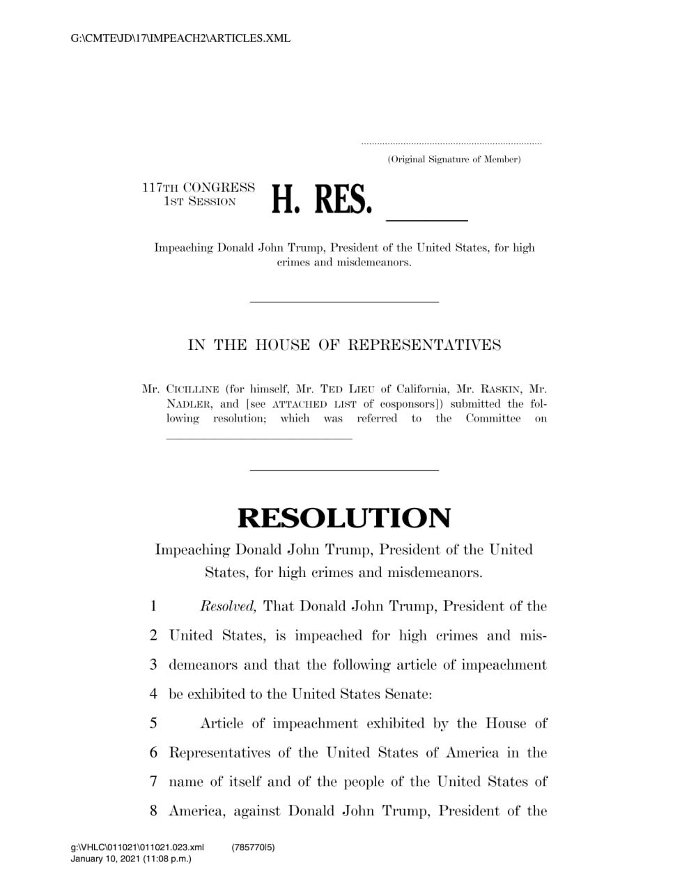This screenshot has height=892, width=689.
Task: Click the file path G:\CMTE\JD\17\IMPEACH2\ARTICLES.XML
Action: point(180,38)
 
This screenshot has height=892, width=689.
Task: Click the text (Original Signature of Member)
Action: point(454,160)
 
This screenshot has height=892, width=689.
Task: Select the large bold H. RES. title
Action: point(322,199)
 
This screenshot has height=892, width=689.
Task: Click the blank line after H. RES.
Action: point(426,220)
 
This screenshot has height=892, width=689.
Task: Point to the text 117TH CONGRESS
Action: point(199,187)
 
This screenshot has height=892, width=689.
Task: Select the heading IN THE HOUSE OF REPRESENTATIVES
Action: point(344,345)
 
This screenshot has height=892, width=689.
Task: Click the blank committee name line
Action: point(259,438)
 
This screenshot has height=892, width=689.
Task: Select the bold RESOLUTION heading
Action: point(344,518)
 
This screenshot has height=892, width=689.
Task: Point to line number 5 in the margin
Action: point(153,723)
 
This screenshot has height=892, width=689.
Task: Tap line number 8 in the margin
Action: point(153,811)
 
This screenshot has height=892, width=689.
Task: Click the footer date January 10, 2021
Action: point(105,859)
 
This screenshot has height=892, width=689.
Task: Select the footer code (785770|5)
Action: point(253,847)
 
